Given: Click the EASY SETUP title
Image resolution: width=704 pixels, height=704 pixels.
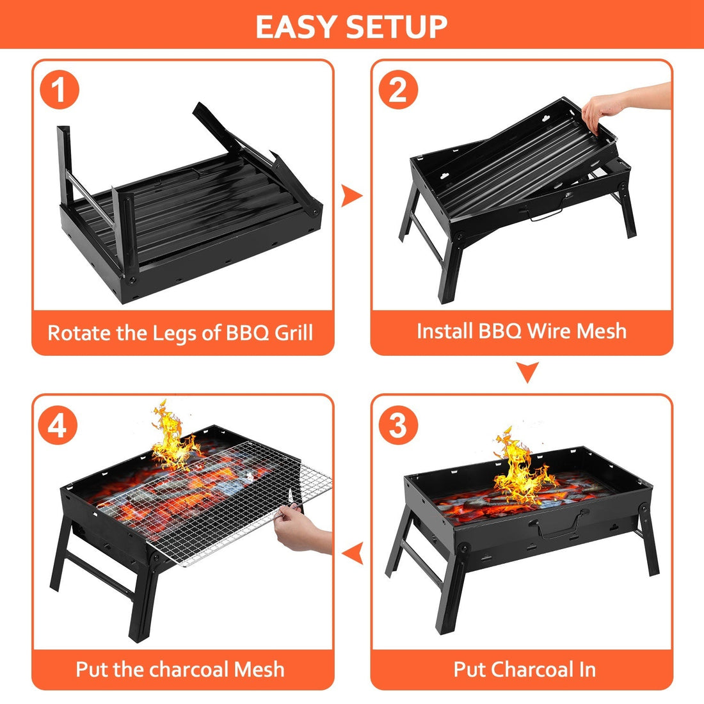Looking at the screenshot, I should (351, 26).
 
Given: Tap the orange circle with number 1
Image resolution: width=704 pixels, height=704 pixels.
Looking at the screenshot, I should (59, 90).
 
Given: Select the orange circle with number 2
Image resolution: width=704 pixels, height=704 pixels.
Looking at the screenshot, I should (398, 90).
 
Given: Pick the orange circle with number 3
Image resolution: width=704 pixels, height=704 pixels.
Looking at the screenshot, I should (398, 425).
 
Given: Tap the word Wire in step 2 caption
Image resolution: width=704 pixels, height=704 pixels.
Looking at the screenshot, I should (541, 331).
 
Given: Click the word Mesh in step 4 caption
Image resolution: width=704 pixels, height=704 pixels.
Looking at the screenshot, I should (259, 669).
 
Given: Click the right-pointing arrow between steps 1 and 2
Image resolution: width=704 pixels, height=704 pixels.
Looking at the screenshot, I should (351, 196).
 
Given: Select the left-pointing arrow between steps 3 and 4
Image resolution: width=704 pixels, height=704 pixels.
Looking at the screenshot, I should (353, 552).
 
